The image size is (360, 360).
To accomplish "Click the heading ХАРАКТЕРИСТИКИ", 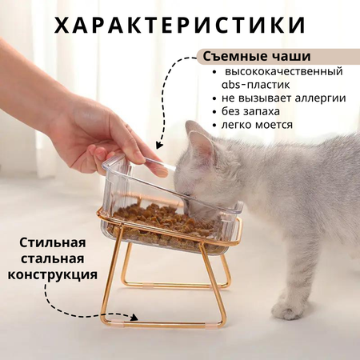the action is pyautogui.click(x=180, y=25).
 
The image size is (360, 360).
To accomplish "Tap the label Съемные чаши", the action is pyautogui.click(x=257, y=57).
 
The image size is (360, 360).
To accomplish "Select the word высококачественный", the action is pyautogui.click(x=284, y=72).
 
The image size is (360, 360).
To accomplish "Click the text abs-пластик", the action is pyautogui.click(x=255, y=85).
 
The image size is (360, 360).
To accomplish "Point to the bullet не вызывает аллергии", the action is pyautogui.click(x=283, y=98).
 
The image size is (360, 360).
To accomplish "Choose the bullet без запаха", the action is pyautogui.click(x=250, y=111).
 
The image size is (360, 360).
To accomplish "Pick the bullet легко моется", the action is pyautogui.click(x=257, y=125).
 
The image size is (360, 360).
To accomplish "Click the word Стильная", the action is pyautogui.click(x=53, y=243).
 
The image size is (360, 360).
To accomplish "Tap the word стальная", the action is pyautogui.click(x=53, y=259).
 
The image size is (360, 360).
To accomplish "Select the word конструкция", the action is pyautogui.click(x=53, y=275).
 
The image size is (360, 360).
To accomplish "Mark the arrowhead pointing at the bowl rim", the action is pyautogui.click(x=159, y=145).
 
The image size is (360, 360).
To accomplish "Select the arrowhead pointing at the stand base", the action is pyautogui.click(x=134, y=317).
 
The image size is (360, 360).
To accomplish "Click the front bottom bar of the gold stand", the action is pyautogui.click(x=163, y=325).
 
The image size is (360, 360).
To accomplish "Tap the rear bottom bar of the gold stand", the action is pyautogui.click(x=177, y=286).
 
